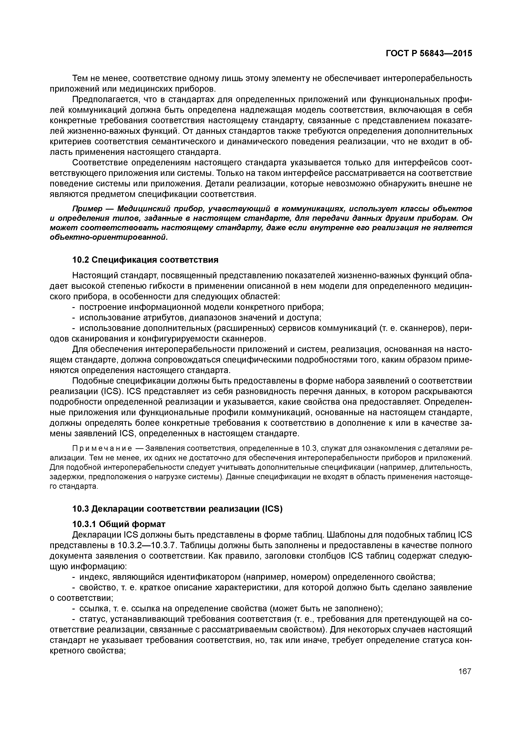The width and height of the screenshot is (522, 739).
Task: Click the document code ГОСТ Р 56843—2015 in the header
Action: (429, 54)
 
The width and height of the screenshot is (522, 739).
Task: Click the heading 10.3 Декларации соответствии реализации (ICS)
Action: (177, 509)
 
